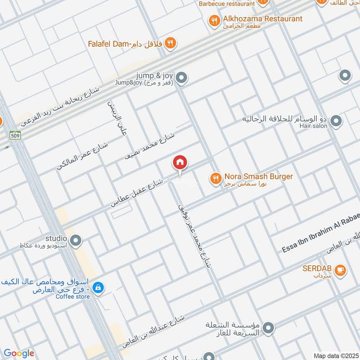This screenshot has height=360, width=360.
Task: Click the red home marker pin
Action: click(x=180, y=163)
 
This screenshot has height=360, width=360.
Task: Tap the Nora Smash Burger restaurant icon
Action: click(x=216, y=179)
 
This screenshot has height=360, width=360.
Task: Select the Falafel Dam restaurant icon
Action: click(x=170, y=43)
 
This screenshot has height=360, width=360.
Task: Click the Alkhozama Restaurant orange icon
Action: click(x=214, y=20)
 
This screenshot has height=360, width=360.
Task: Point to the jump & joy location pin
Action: click(x=181, y=79)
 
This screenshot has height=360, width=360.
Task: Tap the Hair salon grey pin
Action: click(x=336, y=121)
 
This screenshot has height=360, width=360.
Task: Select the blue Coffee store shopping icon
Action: click(x=98, y=287)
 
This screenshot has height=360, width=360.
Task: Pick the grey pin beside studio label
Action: click(x=76, y=241)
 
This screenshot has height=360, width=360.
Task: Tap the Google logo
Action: click(x=18, y=353)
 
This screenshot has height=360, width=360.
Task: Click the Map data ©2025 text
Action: click(x=335, y=355)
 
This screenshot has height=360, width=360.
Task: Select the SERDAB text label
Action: click(x=317, y=269)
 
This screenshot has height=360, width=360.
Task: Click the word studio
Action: click(x=56, y=238)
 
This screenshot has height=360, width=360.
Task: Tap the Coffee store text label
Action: click(x=73, y=297)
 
